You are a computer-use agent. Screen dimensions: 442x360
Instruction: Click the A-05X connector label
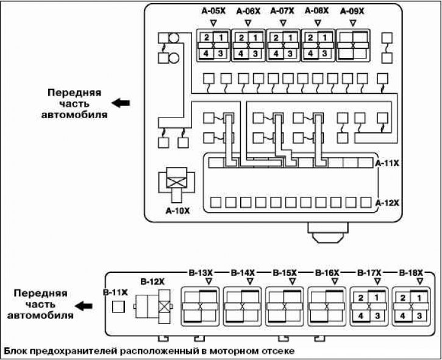[213, 11]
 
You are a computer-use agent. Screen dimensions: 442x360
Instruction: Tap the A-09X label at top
[352, 11]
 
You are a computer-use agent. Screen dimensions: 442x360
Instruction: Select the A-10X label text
[177, 211]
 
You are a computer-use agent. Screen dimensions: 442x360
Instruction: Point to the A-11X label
[387, 163]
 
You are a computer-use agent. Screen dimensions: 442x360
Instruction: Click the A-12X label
[387, 203]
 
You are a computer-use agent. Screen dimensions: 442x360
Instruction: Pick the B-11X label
[115, 292]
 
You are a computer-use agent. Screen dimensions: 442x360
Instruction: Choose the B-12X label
[152, 281]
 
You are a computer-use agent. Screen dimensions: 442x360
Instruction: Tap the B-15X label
[285, 273]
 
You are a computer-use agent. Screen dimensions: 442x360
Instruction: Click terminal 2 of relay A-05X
[207, 38]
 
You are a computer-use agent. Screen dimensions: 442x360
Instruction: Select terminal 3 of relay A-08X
[324, 53]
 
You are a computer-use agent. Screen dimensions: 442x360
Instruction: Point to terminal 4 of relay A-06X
[241, 53]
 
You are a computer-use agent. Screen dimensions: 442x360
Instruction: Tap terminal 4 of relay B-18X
[402, 316]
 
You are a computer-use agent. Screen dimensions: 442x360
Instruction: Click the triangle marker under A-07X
[283, 23]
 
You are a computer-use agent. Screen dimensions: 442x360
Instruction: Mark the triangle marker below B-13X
[209, 281]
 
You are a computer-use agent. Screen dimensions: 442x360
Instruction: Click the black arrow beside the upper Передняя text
[121, 103]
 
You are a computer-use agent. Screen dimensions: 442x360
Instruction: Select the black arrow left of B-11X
[84, 306]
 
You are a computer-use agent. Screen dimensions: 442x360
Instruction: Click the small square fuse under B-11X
[118, 306]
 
